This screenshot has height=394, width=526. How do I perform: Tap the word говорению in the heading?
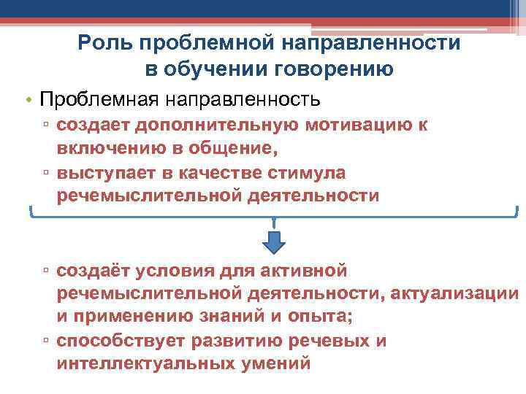[x=333, y=69]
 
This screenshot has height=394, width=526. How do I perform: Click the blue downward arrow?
[x=273, y=241]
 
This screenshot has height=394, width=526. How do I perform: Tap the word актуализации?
[x=454, y=294]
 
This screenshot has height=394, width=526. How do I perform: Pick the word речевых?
[x=325, y=341]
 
